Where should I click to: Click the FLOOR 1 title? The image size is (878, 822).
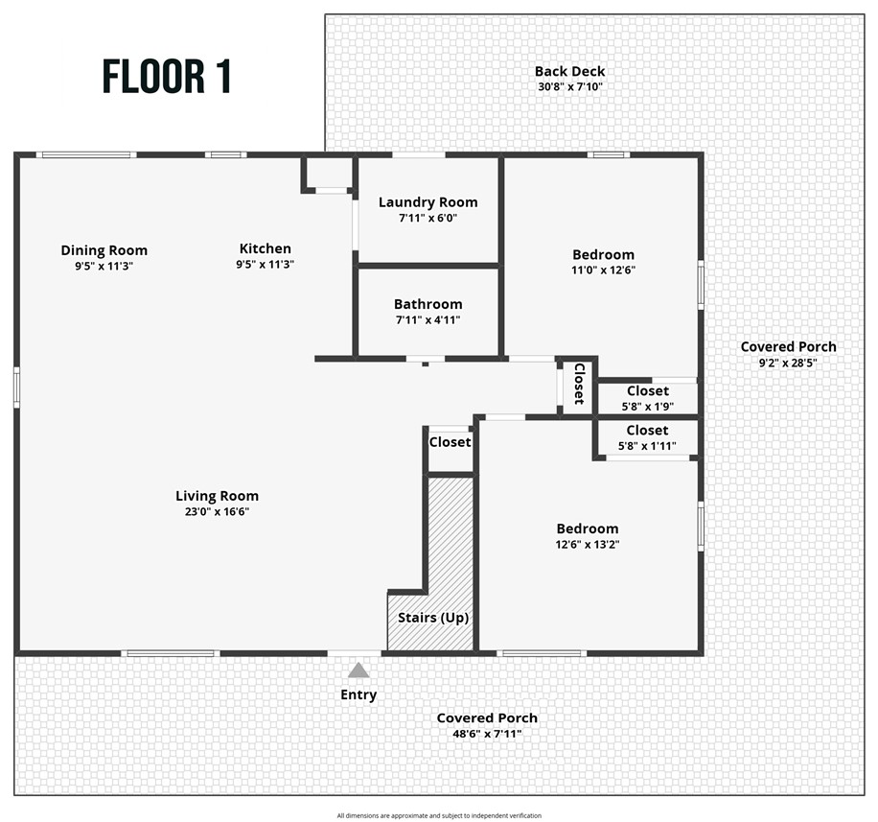pos(167,77)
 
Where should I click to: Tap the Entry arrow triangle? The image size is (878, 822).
pos(358,669)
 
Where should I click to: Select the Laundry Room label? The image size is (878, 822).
pos(427,201)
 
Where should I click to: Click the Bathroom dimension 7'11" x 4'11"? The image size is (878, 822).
pos(427,320)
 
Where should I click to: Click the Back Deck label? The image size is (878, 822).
pos(569,71)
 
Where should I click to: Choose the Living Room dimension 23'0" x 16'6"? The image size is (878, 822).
pos(217,512)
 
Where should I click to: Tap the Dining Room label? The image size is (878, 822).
pos(104,250)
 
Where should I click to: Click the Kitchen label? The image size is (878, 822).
pos(265,248)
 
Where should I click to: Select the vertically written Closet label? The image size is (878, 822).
pos(579,384)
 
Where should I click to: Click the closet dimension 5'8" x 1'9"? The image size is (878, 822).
pos(648,406)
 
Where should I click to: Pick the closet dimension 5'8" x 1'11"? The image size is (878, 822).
pos(648,446)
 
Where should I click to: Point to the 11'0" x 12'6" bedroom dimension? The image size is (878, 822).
pos(604,270)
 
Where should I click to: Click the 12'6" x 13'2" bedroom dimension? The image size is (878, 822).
pos(588,544)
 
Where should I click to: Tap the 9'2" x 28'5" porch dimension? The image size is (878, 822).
pos(788,363)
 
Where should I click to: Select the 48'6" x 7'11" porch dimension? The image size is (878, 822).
pos(487,734)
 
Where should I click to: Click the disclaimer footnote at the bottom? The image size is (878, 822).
pos(439,815)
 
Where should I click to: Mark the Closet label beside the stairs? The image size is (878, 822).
pos(450,442)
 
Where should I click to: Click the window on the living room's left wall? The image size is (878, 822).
pos(16,388)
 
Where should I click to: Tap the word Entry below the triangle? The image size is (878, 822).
pos(358,694)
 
